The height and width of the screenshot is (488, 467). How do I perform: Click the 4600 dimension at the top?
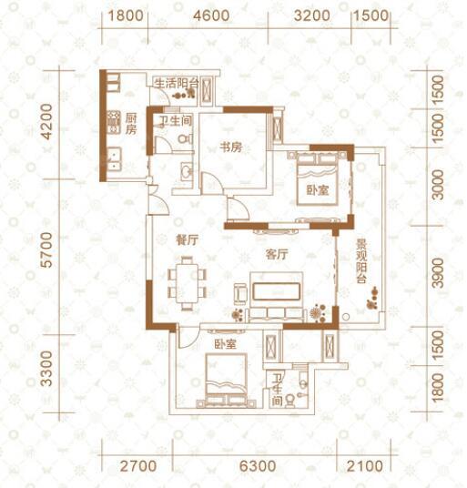tap(211, 15)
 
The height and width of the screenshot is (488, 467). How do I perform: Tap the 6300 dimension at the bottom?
tap(258, 466)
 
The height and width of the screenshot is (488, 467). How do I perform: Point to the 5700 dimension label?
tap(47, 249)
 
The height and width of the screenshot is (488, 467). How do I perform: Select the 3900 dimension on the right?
tap(438, 272)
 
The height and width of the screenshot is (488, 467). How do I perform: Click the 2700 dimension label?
tap(138, 466)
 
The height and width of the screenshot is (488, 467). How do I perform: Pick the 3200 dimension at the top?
tap(311, 15)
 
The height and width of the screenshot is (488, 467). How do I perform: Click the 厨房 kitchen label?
tap(131, 124)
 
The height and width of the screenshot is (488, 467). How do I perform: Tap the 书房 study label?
tap(231, 147)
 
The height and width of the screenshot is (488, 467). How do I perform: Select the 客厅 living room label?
tap(277, 255)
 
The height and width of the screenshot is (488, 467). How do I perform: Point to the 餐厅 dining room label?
tap(187, 240)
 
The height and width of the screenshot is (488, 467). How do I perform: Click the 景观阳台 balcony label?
tap(361, 261)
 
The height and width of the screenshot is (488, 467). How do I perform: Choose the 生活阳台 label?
tap(177, 84)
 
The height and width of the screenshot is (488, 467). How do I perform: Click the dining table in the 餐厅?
tap(187, 283)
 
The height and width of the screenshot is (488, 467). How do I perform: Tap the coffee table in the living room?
tap(277, 291)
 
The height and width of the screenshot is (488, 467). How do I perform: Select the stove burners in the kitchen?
tap(114, 122)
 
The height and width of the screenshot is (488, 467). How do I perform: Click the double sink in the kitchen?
tap(114, 159)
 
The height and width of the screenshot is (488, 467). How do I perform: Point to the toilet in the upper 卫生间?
tap(186, 138)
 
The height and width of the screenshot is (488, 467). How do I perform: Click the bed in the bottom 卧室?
tap(226, 381)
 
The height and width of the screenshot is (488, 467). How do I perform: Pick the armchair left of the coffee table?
tap(240, 293)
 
